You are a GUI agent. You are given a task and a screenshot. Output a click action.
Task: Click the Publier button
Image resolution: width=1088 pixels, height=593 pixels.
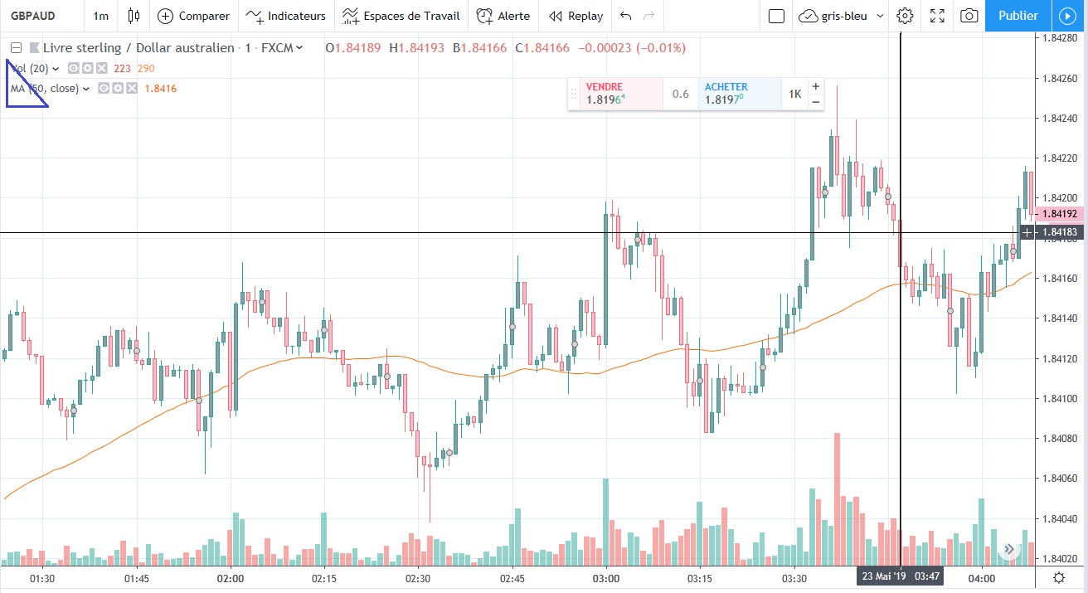pos(1018,16)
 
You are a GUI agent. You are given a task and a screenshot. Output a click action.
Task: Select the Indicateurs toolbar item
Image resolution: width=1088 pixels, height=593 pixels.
pos(286,16)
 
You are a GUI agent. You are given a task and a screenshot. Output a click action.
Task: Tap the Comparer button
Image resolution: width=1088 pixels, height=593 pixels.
pos(194,16)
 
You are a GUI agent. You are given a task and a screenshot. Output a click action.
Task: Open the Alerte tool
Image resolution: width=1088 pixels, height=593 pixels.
pos(503,16)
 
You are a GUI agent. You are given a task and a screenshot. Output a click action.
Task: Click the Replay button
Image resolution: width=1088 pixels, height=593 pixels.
pos(576,16)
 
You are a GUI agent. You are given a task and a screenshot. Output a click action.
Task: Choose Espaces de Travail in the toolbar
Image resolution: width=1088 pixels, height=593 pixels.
pos(402,16)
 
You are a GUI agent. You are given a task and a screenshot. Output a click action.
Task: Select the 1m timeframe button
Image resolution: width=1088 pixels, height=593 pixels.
pos(100,16)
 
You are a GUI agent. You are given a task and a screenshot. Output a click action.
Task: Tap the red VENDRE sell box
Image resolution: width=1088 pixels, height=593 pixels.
pos(615,94)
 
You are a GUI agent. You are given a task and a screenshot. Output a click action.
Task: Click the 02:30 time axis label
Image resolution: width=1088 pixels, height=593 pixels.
pos(418,577)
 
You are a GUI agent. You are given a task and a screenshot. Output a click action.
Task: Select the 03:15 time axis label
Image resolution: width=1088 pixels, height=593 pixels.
pos(700,577)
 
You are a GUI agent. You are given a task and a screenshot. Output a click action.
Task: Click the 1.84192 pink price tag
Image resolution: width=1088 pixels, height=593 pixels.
pos(1060,213)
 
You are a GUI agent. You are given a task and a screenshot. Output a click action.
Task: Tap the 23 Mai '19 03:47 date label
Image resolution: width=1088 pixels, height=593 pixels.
pos(900,576)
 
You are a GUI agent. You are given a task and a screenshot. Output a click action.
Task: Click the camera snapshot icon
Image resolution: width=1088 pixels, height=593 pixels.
pos(968,16)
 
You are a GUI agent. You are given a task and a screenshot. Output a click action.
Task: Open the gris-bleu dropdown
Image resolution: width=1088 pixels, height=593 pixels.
pos(842,16)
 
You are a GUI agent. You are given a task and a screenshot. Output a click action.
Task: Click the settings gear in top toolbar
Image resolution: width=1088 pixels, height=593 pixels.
pos(905,16)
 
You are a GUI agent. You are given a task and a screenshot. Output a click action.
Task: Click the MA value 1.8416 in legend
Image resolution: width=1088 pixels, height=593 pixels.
pos(160,89)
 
